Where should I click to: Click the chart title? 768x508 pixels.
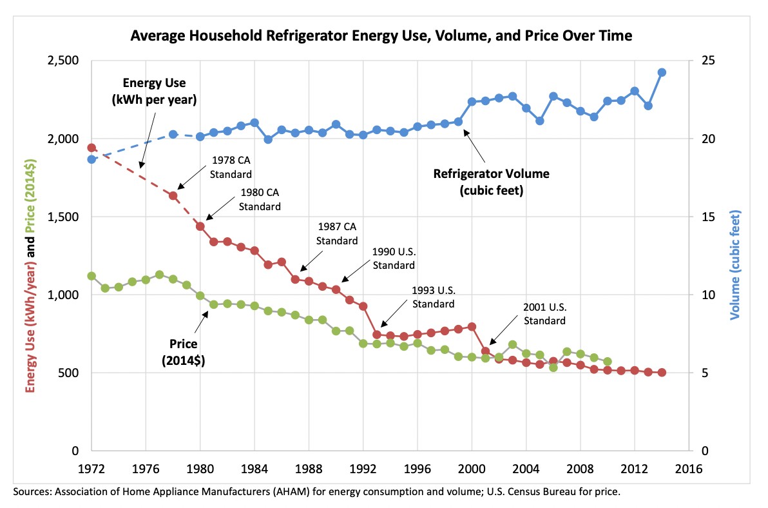381,36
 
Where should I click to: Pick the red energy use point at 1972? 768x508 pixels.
91,148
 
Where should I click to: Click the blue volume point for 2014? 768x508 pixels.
662,72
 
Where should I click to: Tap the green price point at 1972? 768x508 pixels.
91,276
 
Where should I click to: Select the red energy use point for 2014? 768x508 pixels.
662,373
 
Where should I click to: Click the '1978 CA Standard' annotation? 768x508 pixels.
230,168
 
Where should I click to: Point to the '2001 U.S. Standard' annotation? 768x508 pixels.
544,315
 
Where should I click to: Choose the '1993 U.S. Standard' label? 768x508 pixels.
433,298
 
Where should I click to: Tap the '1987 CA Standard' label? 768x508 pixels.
337,233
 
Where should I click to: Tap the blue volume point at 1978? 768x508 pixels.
173,134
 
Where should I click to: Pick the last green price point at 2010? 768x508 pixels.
607,362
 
